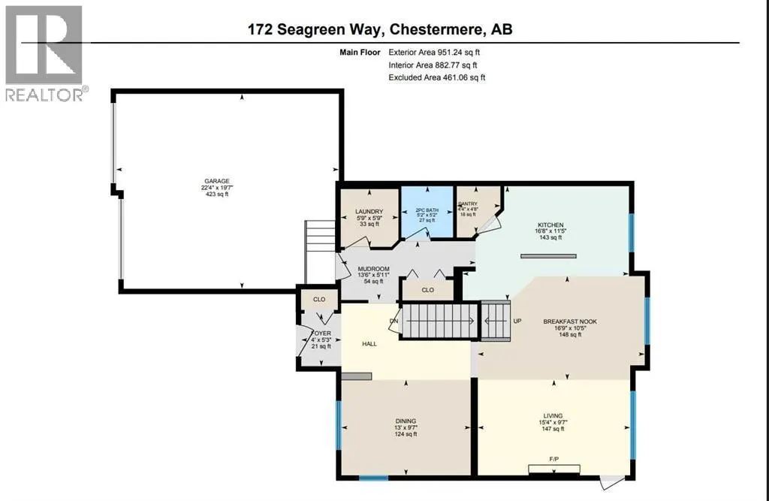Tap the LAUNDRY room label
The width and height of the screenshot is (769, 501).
coord(369,212)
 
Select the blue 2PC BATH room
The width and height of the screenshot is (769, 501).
coord(427,210)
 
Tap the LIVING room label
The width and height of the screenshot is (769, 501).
coord(553,415)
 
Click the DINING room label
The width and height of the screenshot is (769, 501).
coord(406,421)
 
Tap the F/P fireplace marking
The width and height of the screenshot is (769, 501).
coord(554,457)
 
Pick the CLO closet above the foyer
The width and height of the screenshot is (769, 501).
coord(318,298)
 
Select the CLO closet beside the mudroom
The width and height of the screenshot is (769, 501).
coord(427,289)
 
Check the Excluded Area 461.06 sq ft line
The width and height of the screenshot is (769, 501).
coord(436,77)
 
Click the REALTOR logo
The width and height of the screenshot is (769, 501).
coord(44,53)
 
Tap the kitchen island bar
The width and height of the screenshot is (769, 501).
coord(547,256)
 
